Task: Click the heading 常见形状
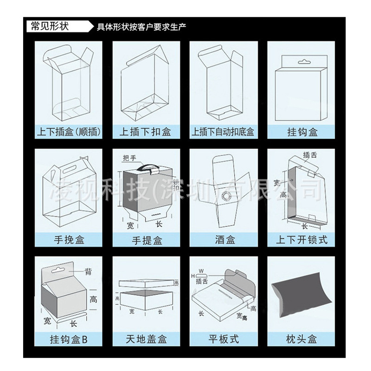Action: [x=49, y=26]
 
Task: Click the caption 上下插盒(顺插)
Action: [x=69, y=132]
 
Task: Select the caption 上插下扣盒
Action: [x=146, y=132]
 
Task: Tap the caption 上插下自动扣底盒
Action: [x=223, y=132]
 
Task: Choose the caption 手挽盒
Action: [x=69, y=240]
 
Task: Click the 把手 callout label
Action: [x=129, y=158]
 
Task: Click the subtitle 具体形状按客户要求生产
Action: [x=142, y=26]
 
